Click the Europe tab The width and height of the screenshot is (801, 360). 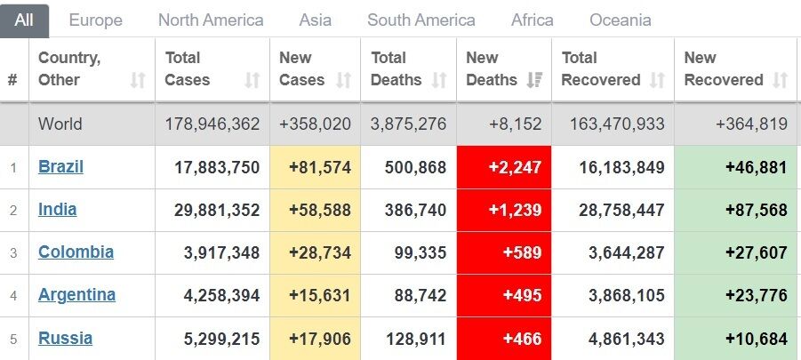click(95, 20)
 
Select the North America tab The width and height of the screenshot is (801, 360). click(211, 20)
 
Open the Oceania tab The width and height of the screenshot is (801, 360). click(620, 20)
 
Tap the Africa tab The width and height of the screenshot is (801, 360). click(532, 20)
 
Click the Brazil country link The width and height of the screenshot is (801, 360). click(60, 166)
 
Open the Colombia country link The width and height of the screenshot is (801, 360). click(76, 252)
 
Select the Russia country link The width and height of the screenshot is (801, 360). click(65, 338)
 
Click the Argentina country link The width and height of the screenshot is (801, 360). click(76, 294)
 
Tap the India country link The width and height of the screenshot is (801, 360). click(57, 209)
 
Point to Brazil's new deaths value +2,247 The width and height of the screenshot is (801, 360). click(513, 167)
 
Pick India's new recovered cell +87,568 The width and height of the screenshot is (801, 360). click(755, 210)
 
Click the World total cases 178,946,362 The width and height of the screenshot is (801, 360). click(212, 124)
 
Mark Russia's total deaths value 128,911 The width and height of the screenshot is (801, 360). click(417, 339)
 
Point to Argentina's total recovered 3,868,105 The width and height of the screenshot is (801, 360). click(626, 295)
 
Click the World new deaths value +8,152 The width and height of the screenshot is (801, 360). click(515, 124)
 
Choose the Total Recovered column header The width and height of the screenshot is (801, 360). click(601, 68)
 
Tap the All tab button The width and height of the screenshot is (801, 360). click(24, 20)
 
